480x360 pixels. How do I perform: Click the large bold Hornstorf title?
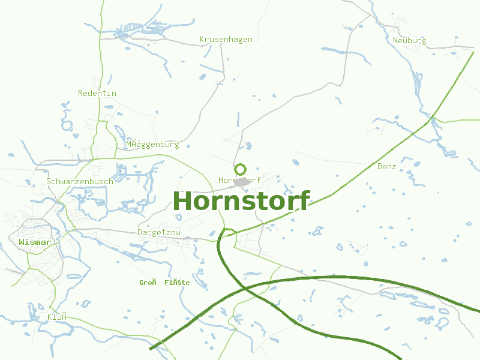click(241, 201)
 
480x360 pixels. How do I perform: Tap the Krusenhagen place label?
click(226, 39)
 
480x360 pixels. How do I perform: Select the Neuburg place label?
click(409, 41)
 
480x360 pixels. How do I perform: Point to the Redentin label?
click(97, 93)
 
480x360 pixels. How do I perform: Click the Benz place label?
click(386, 166)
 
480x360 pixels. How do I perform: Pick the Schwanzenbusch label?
click(79, 181)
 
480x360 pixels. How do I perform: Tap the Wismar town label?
click(34, 242)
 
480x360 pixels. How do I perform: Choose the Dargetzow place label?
click(159, 232)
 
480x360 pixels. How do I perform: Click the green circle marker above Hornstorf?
click(240, 169)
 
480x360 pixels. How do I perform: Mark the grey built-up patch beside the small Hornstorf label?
click(242, 181)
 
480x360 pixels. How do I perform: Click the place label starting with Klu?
click(56, 317)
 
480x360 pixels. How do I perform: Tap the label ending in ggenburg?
click(152, 145)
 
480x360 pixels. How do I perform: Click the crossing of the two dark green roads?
click(245, 288)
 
